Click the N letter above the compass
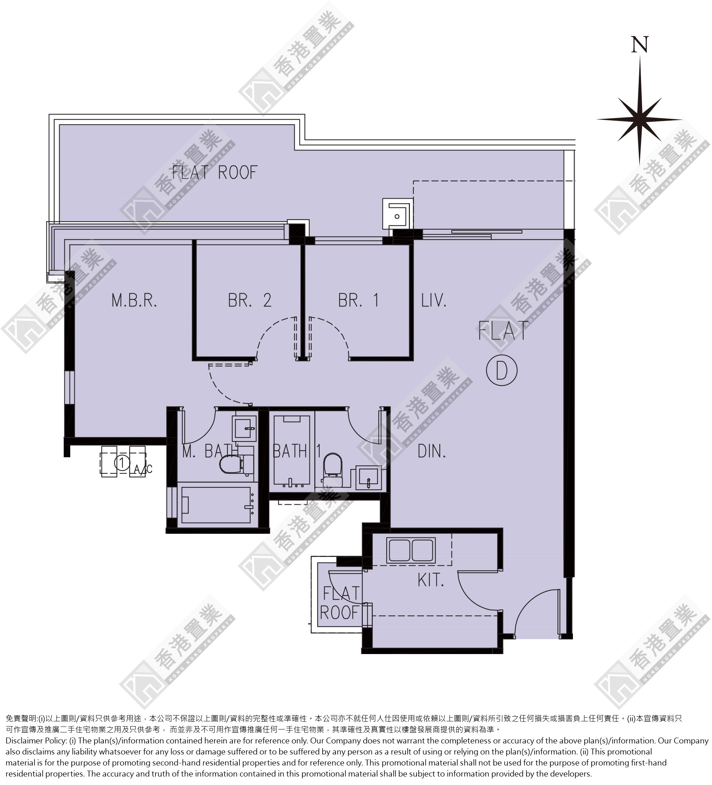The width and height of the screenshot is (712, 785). click(639, 45)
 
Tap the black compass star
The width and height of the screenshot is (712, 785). click(639, 120)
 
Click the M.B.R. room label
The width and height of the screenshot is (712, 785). click(134, 301)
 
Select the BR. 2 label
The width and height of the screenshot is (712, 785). click(250, 301)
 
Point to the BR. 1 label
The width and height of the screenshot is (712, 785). click(358, 301)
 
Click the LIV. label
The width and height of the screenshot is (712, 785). click(433, 301)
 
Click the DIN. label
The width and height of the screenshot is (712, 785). click(432, 451)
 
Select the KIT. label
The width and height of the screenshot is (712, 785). click(431, 580)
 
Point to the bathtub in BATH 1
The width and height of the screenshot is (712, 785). click(292, 452)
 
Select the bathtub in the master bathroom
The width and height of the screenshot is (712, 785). click(216, 505)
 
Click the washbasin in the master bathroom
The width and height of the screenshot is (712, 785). click(244, 429)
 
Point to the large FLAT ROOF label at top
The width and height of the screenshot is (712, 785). click(215, 173)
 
